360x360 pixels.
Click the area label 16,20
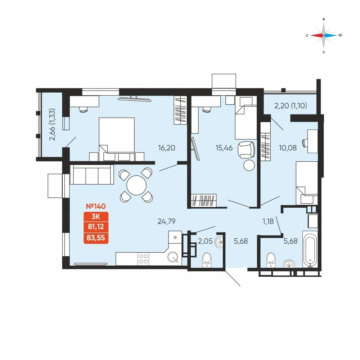point(167,148)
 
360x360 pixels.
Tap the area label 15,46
point(224,148)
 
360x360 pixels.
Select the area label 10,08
point(288,148)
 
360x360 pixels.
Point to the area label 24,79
point(167,221)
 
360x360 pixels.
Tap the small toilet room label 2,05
point(205,241)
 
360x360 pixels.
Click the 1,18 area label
point(268,221)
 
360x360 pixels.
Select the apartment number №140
point(96,206)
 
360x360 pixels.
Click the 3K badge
point(96,216)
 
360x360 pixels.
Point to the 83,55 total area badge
point(96,238)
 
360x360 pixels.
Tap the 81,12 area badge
point(96,227)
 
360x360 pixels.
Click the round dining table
point(136,185)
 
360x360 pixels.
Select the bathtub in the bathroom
point(310,249)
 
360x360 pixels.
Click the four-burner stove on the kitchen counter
point(143,259)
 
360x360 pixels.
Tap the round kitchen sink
point(173,257)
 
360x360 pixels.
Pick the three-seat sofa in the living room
point(92,175)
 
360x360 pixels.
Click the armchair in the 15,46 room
point(247,150)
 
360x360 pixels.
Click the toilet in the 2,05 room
point(207,260)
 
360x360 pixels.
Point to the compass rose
point(324,35)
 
